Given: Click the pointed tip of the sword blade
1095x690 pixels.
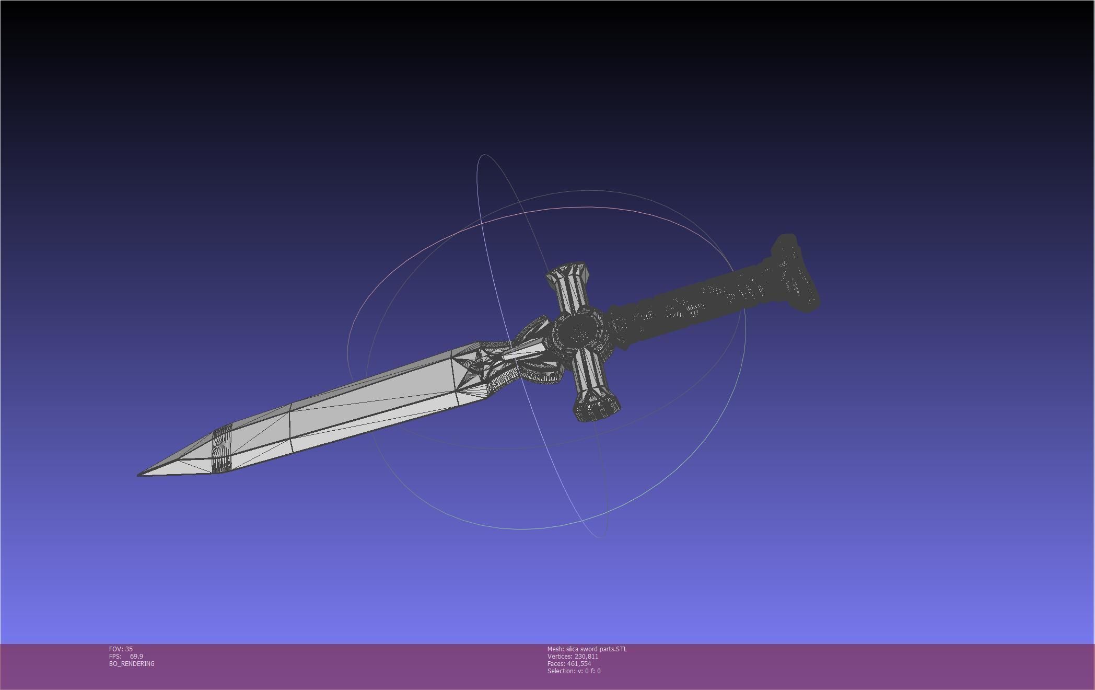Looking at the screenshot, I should [139, 475].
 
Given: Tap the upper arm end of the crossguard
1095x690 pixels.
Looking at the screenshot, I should [568, 274].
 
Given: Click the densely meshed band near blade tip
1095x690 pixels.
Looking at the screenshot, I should [222, 449].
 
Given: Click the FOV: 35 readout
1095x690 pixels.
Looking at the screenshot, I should [121, 649].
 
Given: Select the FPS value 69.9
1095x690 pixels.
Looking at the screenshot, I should [136, 656].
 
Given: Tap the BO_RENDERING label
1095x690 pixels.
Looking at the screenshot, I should [132, 663].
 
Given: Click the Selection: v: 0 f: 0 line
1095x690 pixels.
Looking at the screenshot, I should [574, 671].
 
